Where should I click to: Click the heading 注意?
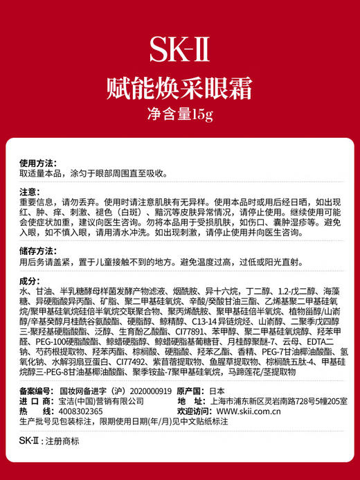pyautogui.click(x=28, y=190)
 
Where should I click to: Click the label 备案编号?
pyautogui.click(x=37, y=391)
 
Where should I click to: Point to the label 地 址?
pyautogui.click(x=194, y=401)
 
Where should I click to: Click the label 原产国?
pyautogui.click(x=194, y=391)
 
